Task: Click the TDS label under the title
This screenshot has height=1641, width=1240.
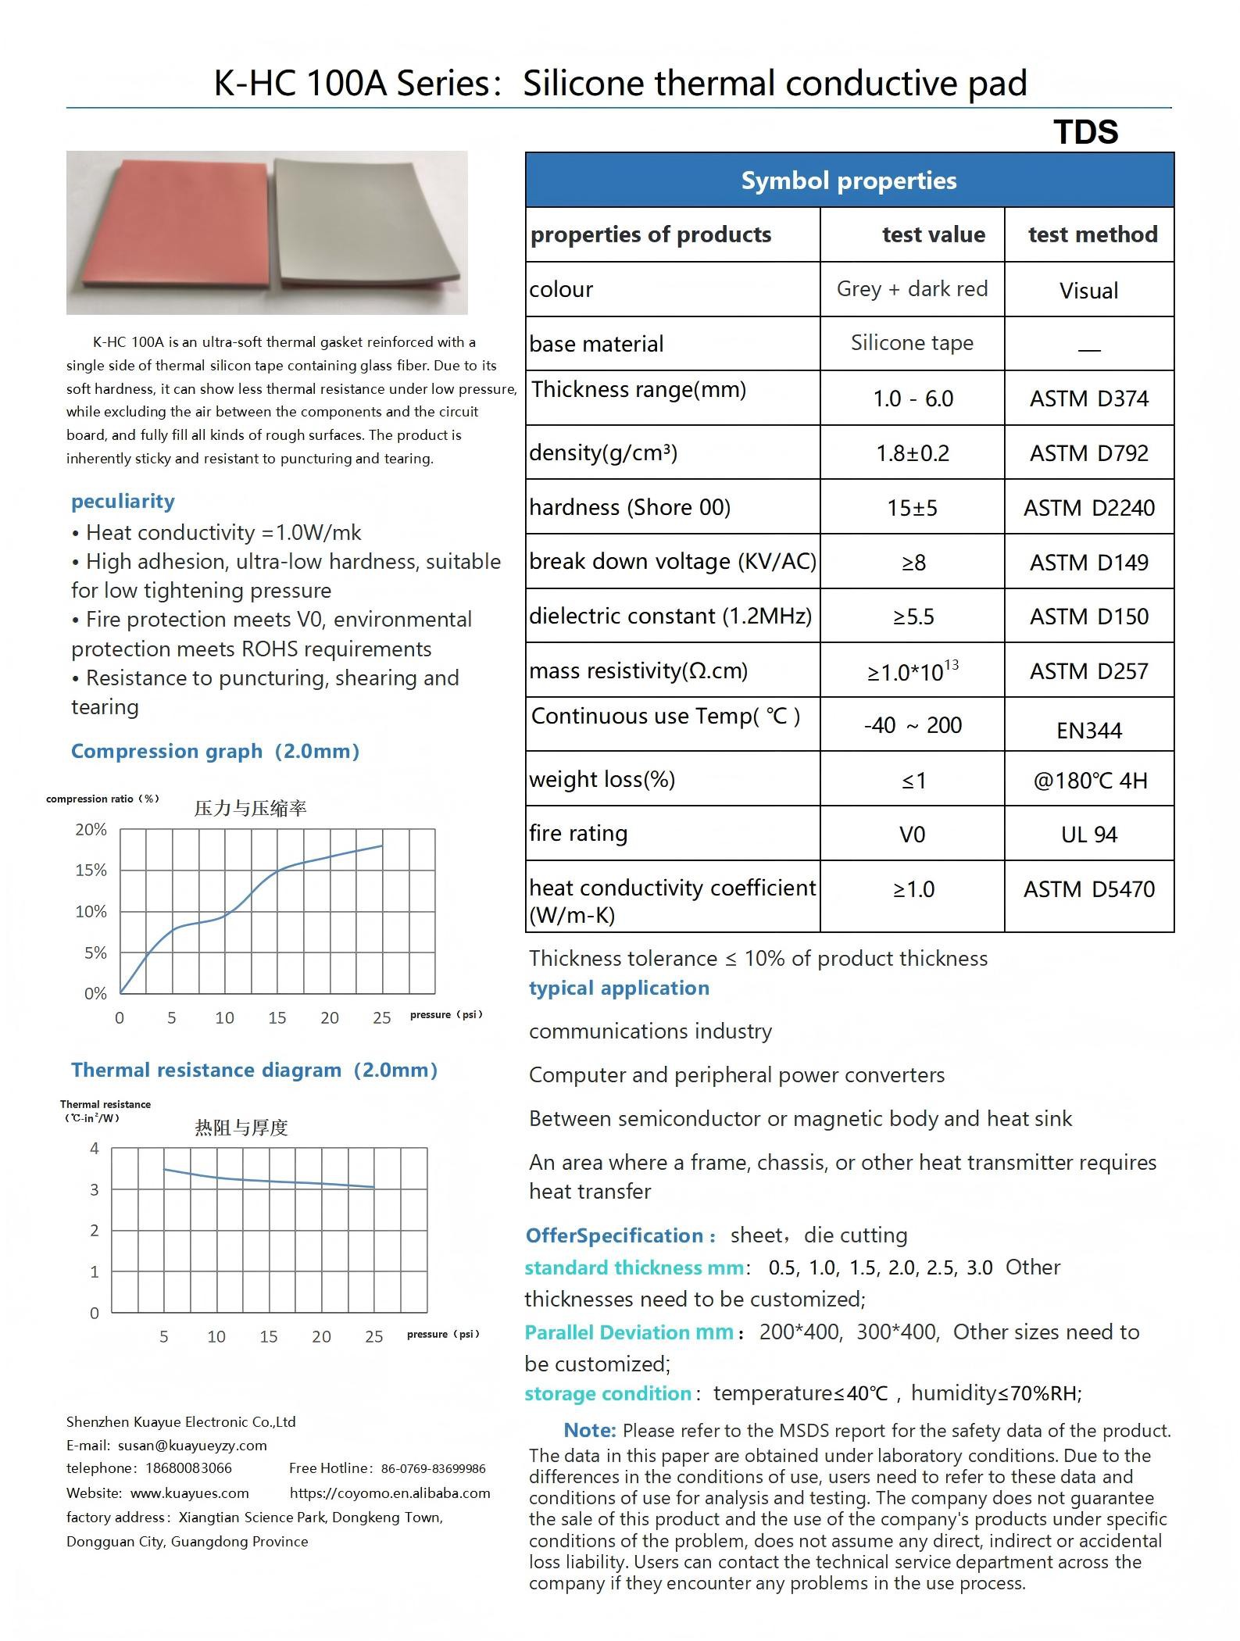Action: (x=1085, y=132)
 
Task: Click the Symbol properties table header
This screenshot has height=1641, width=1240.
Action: (x=849, y=181)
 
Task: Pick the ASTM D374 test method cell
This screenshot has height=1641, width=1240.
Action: (x=1088, y=399)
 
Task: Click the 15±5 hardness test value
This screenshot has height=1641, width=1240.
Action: (x=912, y=508)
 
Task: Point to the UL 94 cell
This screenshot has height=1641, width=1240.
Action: (x=1088, y=835)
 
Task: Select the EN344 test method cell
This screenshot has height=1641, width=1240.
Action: (x=1088, y=731)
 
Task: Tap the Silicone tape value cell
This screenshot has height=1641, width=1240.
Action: (x=912, y=343)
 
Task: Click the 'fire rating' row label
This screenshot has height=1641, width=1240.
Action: (x=578, y=833)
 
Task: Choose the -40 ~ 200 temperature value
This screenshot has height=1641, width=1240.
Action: (x=912, y=725)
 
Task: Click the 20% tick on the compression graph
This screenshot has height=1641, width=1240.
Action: (x=91, y=829)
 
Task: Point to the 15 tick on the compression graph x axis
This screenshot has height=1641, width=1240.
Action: (x=277, y=1017)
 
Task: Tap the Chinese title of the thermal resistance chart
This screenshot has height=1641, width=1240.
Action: (x=241, y=1128)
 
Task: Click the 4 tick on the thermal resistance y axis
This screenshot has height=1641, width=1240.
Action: (x=95, y=1148)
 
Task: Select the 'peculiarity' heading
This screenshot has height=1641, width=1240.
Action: (x=123, y=501)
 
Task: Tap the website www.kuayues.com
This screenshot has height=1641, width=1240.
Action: (x=189, y=1493)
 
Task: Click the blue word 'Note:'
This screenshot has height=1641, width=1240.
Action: (x=590, y=1430)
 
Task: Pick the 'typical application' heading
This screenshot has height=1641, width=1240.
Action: (x=619, y=988)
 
